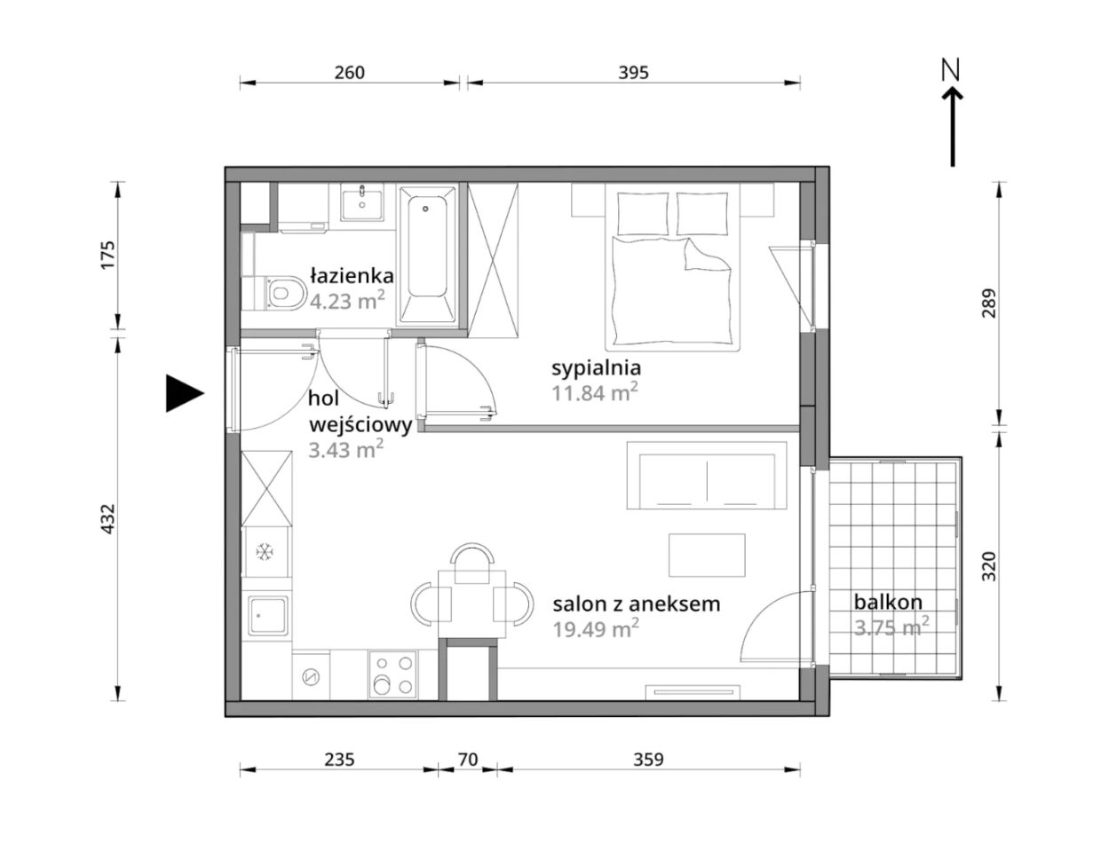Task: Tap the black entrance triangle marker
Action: click(x=185, y=393)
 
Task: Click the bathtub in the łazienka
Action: click(x=427, y=255)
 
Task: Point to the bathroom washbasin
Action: click(x=361, y=202)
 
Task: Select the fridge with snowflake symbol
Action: click(x=266, y=552)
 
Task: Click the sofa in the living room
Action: click(x=707, y=476)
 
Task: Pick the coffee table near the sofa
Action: click(x=707, y=555)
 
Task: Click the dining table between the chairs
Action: click(x=471, y=603)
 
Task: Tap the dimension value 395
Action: click(x=633, y=74)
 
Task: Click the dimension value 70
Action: click(x=468, y=760)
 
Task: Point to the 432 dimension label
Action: click(x=108, y=518)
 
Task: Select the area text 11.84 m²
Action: click(x=595, y=392)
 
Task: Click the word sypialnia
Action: click(x=596, y=369)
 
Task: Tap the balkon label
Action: click(x=888, y=603)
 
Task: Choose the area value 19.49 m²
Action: click(x=596, y=629)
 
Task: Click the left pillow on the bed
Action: click(x=644, y=213)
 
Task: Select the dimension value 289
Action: click(x=988, y=304)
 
